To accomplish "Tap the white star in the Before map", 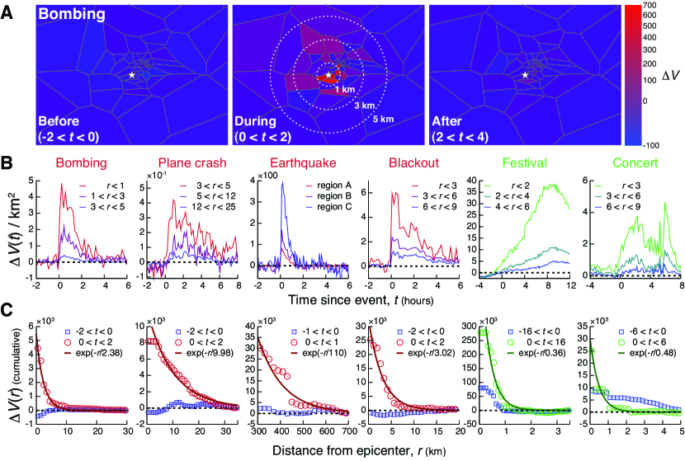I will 132,75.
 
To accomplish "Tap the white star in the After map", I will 527,75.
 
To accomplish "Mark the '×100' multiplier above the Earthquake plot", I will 269,176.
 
